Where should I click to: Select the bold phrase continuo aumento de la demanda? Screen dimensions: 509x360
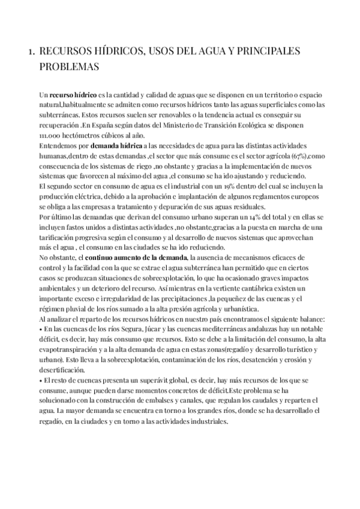pyautogui.click(x=137, y=241)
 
